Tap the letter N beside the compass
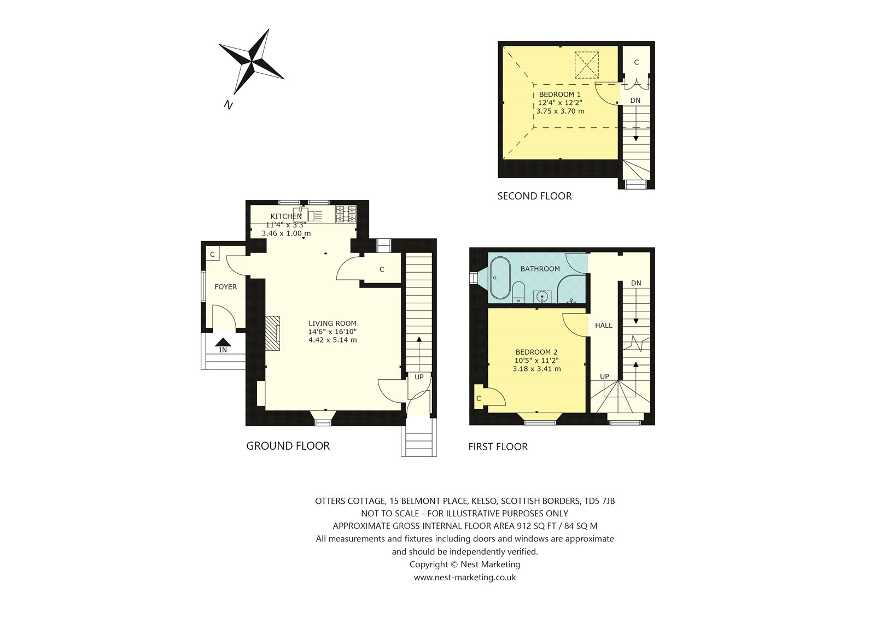(x=228, y=104)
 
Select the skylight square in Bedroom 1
(x=586, y=64)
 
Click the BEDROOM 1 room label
(x=559, y=94)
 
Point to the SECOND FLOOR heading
(x=534, y=196)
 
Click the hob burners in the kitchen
(x=346, y=214)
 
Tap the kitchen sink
(x=301, y=214)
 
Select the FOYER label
(x=226, y=286)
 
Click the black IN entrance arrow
(x=223, y=342)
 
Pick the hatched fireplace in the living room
(x=273, y=333)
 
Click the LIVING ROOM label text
(x=332, y=323)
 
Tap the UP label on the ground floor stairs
(x=419, y=377)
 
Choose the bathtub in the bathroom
(x=500, y=278)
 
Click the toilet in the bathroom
(x=519, y=292)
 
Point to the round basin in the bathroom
(x=542, y=297)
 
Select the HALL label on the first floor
(x=604, y=325)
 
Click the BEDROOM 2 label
(x=536, y=352)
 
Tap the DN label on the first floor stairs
(x=636, y=283)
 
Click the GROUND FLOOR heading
(x=288, y=446)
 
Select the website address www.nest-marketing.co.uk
(x=465, y=578)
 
